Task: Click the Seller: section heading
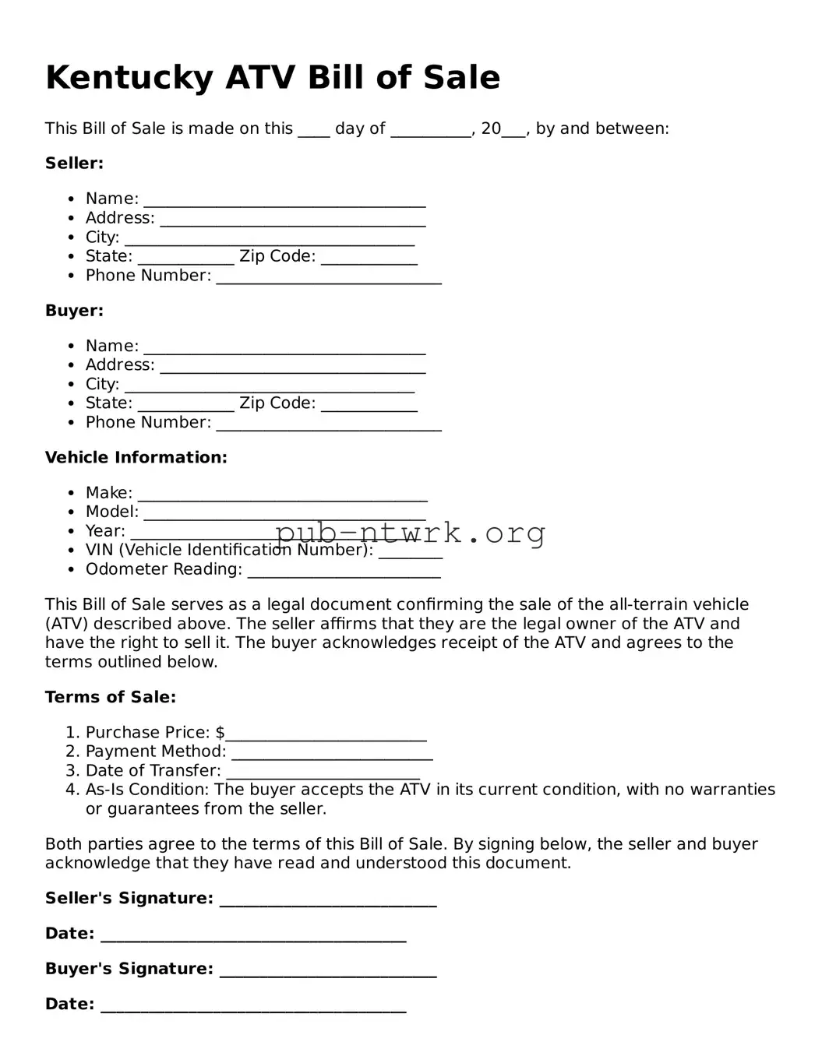74,164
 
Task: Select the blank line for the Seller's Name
284,201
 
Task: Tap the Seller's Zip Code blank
369,259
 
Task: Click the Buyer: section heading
74,311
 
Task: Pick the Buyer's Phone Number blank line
328,424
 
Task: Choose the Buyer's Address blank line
292,367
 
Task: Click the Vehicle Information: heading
136,458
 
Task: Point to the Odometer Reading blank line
344,572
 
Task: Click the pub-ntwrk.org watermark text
410,533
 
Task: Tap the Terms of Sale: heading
110,697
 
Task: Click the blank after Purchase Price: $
326,734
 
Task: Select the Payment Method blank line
332,753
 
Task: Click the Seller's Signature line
327,900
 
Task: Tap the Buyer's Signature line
327,970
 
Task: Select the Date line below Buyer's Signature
253,1006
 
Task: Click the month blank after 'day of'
430,130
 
